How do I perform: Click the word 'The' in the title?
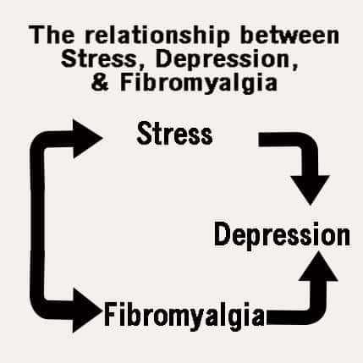[52, 35]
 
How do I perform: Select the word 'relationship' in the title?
[157, 36]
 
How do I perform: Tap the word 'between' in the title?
[289, 35]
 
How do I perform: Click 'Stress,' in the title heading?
[103, 59]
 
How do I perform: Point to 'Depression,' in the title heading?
[227, 60]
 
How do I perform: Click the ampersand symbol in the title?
[100, 82]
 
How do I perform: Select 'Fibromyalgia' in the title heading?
[199, 84]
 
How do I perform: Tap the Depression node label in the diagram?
[282, 235]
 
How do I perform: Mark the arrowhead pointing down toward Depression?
[311, 190]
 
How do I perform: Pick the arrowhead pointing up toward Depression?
[318, 266]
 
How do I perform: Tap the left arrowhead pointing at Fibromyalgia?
[87, 311]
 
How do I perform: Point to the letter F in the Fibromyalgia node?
[110, 314]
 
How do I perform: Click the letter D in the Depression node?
[223, 234]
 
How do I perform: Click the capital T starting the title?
[36, 35]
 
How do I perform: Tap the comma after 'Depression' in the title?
[295, 66]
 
